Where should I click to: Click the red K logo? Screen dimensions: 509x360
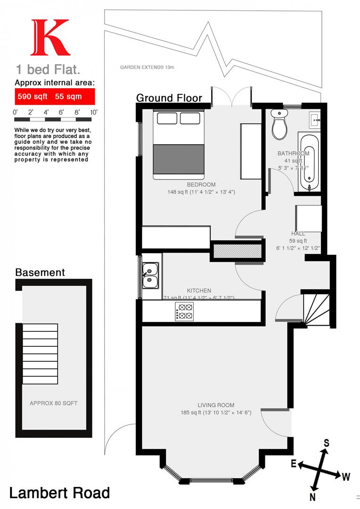point(50,38)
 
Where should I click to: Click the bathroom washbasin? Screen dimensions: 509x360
point(314,120)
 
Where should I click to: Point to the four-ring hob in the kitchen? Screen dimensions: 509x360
point(184,312)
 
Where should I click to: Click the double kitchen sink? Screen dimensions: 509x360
point(151,276)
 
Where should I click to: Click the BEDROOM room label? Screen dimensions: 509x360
point(201,185)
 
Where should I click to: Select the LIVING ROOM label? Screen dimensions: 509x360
point(216,405)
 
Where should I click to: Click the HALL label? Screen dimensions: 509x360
point(298,234)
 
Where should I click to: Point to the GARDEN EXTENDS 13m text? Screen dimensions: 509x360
point(147,67)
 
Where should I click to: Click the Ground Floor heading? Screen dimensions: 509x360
point(169,98)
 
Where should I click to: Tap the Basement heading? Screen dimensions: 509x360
point(40,272)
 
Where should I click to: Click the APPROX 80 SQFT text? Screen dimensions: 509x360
point(53,403)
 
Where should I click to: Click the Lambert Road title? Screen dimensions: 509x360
point(59,493)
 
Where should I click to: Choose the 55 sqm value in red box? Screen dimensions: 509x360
point(68,97)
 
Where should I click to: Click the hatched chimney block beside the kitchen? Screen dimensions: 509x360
point(237,251)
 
